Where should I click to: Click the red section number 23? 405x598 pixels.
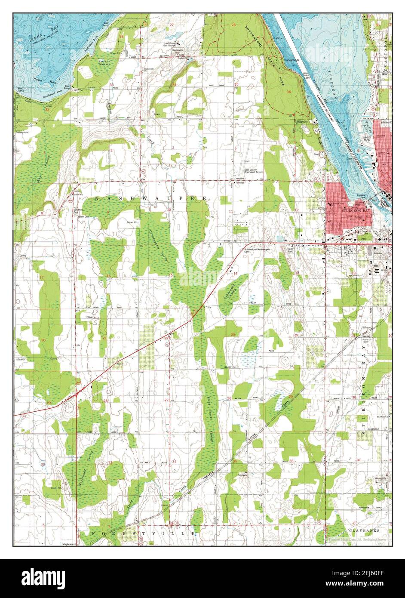point(233,334)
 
